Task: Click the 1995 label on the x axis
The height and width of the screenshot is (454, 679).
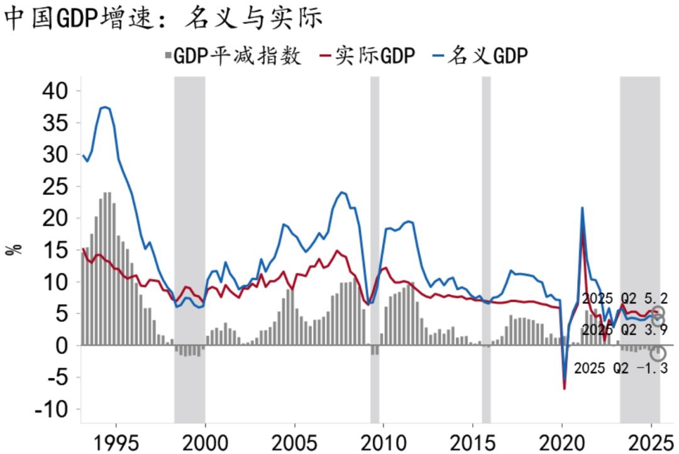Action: coord(116,438)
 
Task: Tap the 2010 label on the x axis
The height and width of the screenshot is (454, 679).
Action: coord(384,438)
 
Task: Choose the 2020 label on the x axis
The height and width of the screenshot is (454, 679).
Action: coord(562,438)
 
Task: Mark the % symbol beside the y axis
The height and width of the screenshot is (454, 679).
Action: coord(14,249)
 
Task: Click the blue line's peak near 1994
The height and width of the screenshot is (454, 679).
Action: coord(105,108)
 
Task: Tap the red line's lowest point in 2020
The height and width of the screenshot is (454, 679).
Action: coord(565,389)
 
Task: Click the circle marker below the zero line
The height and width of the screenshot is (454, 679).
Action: coord(658,353)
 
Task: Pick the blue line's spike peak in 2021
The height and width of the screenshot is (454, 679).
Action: coord(582,208)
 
